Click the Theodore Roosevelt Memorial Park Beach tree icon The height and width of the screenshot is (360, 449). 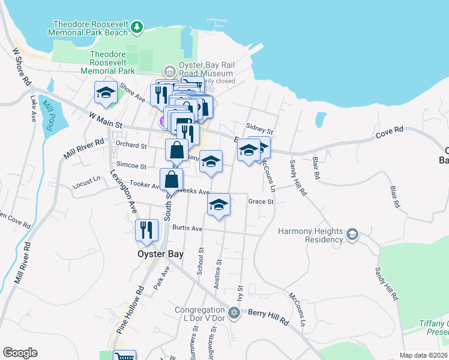(138, 26)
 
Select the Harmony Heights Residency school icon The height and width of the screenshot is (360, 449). (352, 233)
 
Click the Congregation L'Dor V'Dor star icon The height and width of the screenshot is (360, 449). (234, 312)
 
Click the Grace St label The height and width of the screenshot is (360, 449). (261, 202)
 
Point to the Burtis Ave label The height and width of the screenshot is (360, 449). (187, 228)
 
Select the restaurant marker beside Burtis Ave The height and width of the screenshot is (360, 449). (146, 230)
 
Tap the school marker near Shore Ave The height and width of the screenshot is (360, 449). (105, 93)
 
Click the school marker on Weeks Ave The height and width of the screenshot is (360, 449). (219, 205)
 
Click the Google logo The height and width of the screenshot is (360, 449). (20, 353)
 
